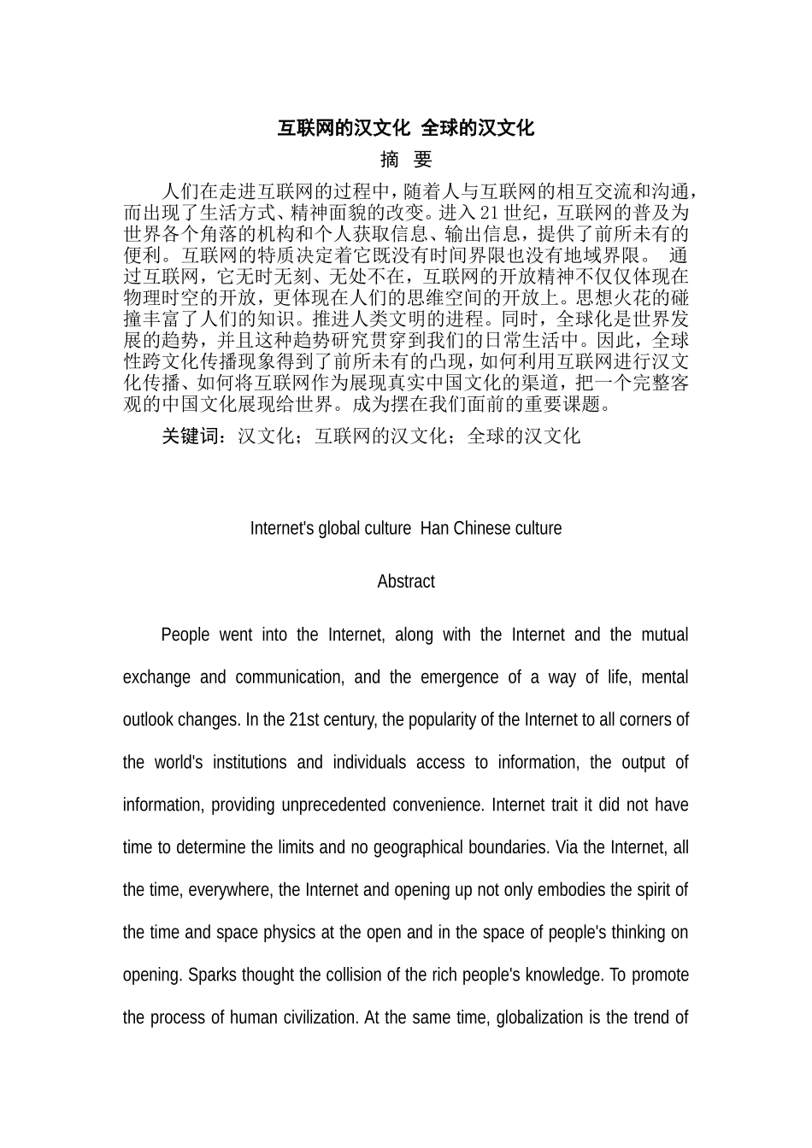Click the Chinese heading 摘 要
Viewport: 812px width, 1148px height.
pyautogui.click(x=406, y=160)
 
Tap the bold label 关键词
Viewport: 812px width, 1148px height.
pyautogui.click(x=193, y=436)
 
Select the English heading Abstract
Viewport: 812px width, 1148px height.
pyautogui.click(x=406, y=582)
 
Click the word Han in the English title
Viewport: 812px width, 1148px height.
pyautogui.click(x=434, y=529)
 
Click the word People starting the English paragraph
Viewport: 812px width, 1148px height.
pyautogui.click(x=185, y=635)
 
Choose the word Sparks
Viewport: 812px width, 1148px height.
pyautogui.click(x=209, y=975)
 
